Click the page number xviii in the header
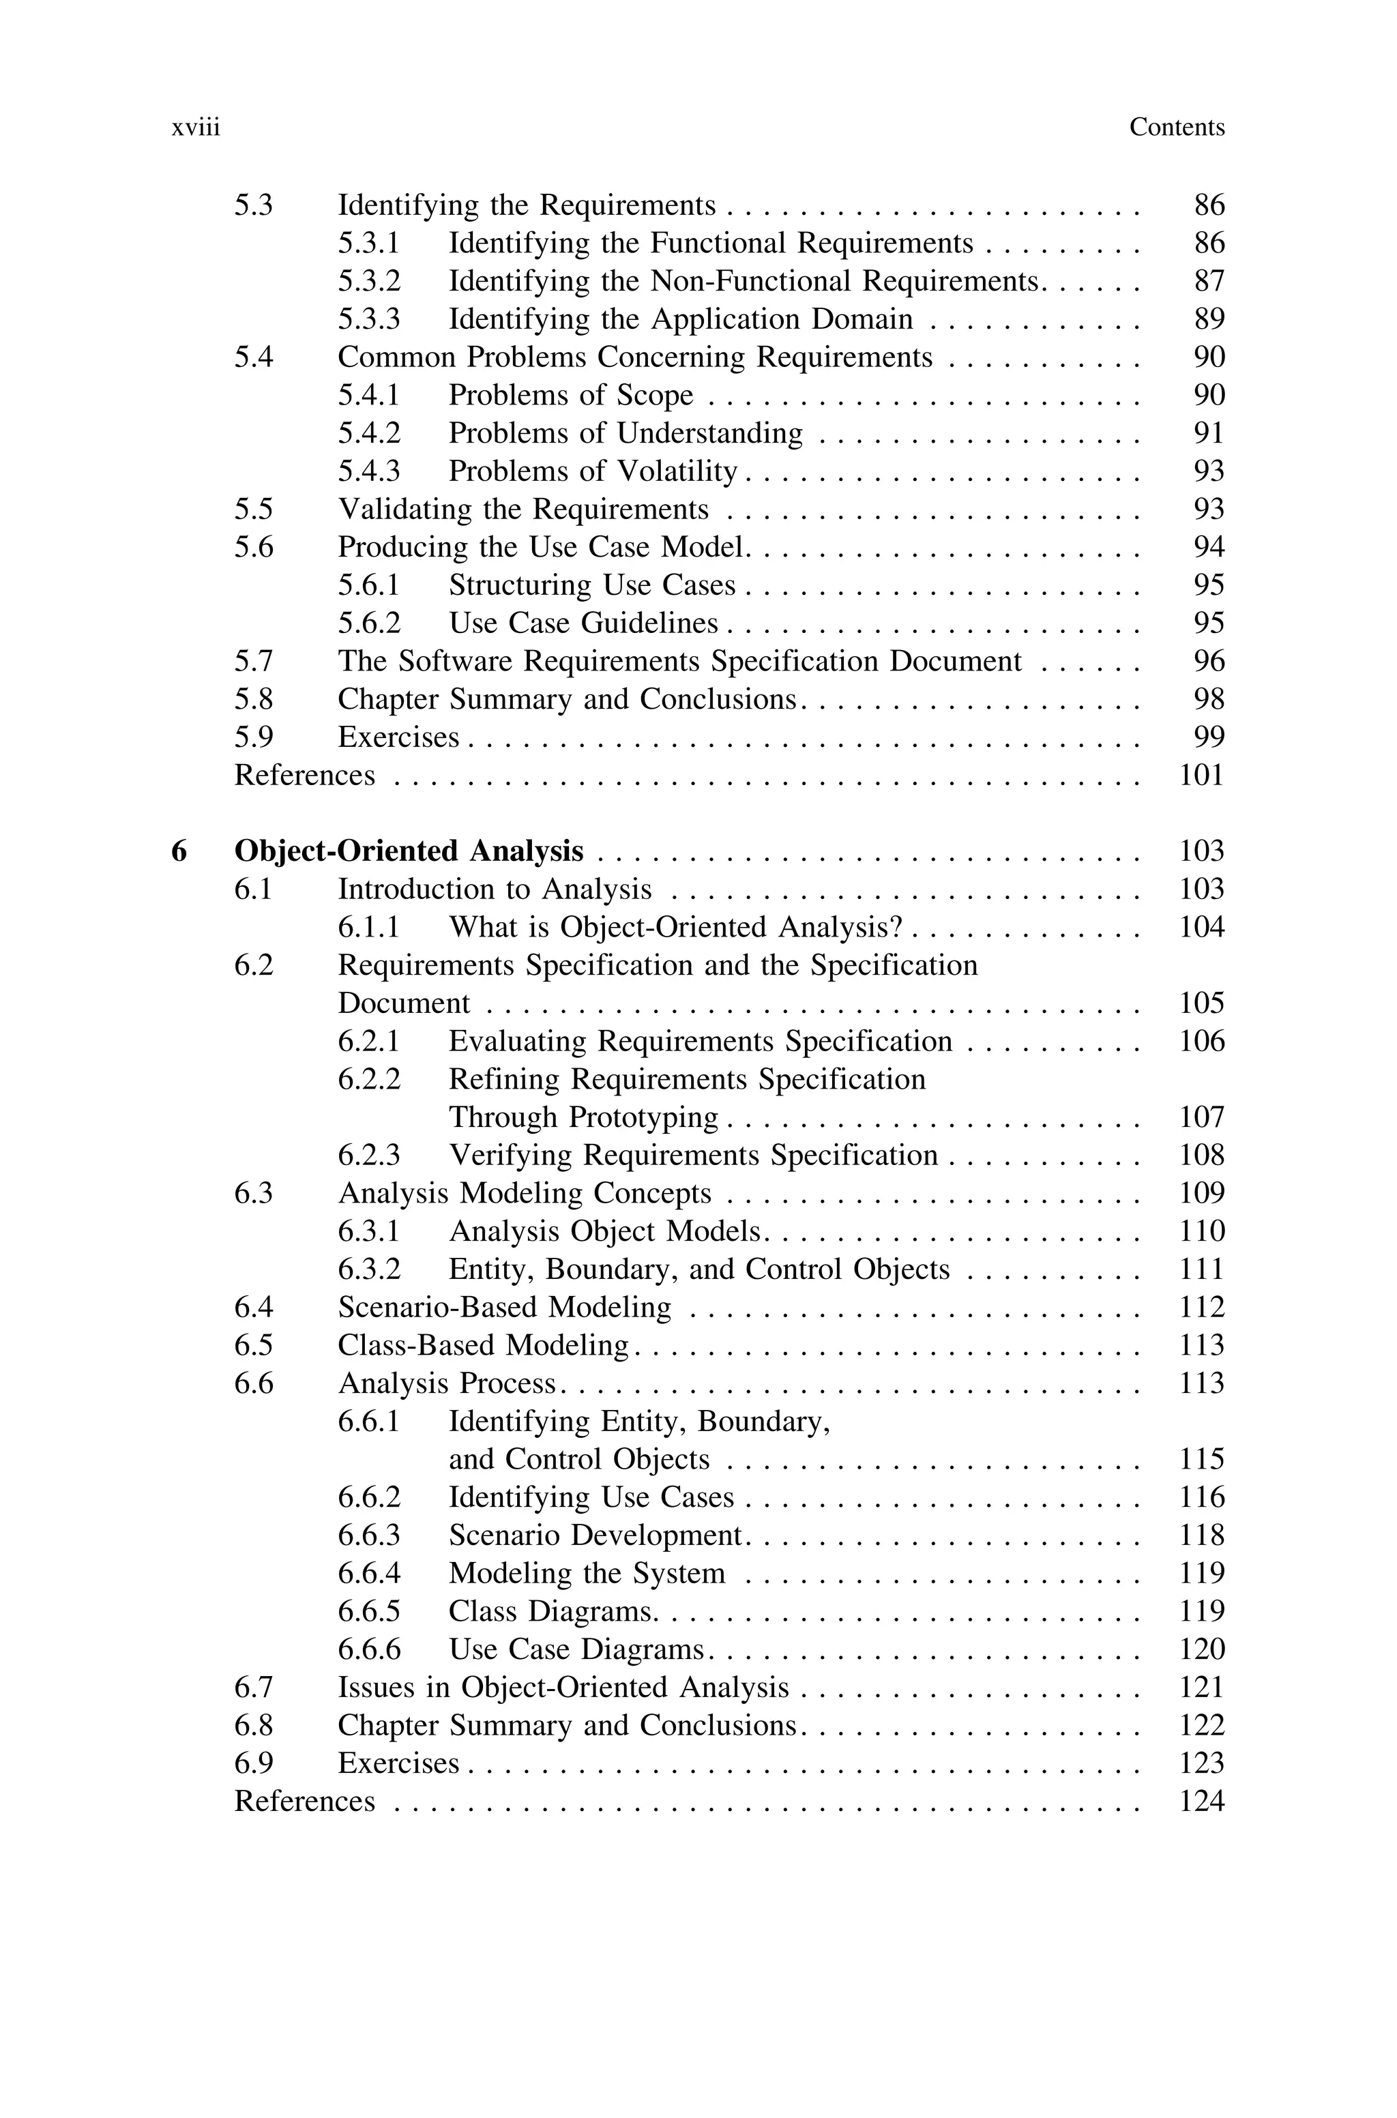195,128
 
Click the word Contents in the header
1176,128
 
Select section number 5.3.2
369,282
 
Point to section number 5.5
253,510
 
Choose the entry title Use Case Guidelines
583,623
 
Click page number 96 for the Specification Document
1209,662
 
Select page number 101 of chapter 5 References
1201,776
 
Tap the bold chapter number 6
179,851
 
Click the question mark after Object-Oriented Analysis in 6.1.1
896,927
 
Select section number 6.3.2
369,1269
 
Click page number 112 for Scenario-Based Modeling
1201,1308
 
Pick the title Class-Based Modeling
483,1345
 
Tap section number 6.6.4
369,1573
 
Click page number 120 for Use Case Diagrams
1201,1649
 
